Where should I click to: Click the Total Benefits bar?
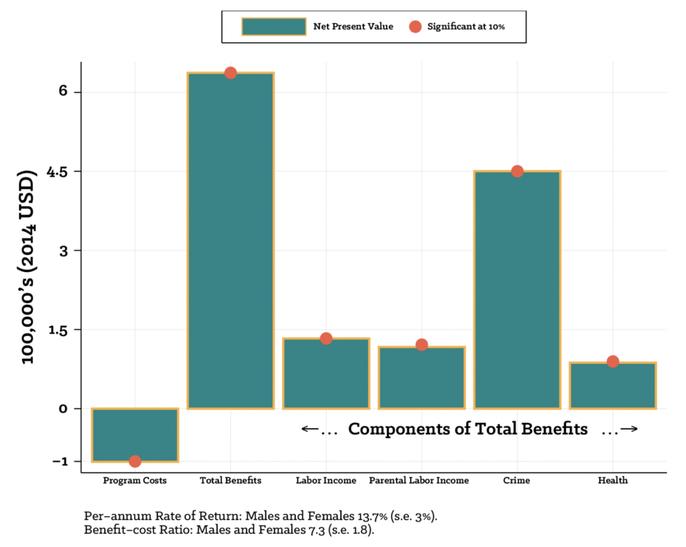pyautogui.click(x=230, y=241)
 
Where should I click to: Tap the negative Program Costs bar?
pyautogui.click(x=135, y=435)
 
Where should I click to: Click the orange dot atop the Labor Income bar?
pyautogui.click(x=326, y=338)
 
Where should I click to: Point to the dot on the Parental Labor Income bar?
pyautogui.click(x=421, y=345)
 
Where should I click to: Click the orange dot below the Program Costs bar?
pyautogui.click(x=135, y=461)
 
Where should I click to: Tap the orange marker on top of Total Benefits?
pyautogui.click(x=230, y=72)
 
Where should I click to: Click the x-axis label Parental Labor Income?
pyautogui.click(x=419, y=481)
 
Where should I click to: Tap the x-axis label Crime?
pyautogui.click(x=517, y=481)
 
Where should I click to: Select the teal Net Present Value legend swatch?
pyautogui.click(x=273, y=27)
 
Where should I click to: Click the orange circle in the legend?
pyautogui.click(x=415, y=27)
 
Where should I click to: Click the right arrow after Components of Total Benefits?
pyautogui.click(x=628, y=429)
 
